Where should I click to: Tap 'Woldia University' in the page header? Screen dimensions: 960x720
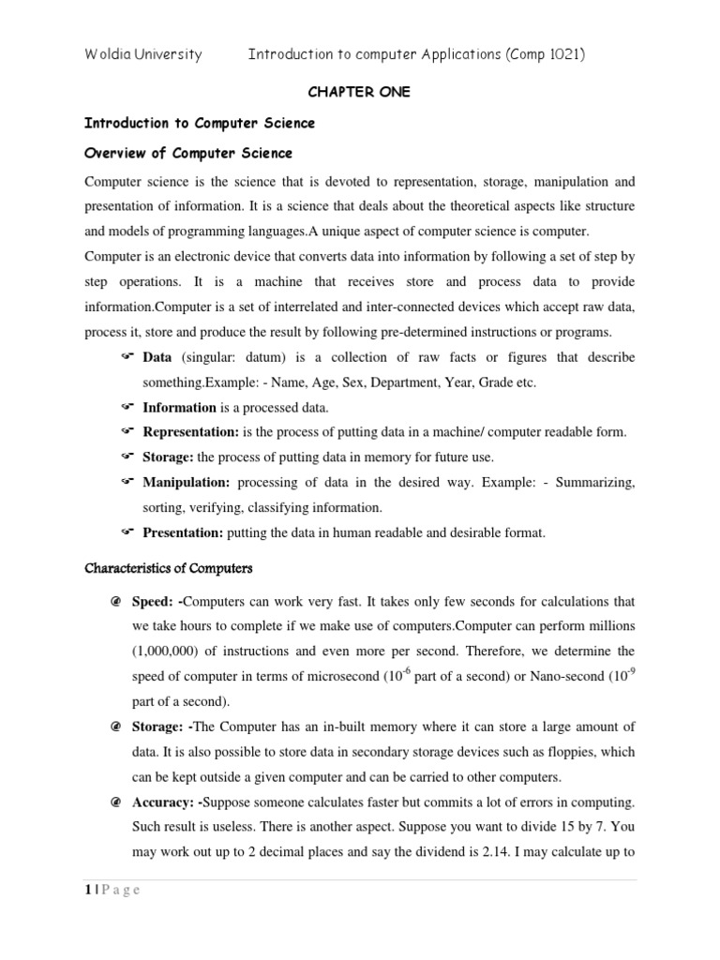click(143, 54)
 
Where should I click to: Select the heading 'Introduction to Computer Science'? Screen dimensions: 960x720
click(200, 123)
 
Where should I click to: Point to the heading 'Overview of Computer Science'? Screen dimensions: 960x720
click(188, 153)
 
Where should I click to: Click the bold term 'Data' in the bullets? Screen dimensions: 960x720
click(157, 358)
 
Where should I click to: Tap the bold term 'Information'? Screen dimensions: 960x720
click(179, 408)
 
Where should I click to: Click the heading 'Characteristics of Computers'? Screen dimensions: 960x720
click(169, 569)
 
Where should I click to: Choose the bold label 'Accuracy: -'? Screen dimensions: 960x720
click(185, 776)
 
